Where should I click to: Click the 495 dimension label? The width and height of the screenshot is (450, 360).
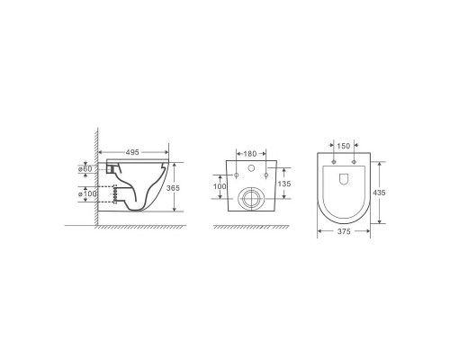(132, 152)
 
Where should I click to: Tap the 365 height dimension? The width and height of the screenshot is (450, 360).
(173, 188)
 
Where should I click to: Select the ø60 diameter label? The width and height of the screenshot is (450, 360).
(85, 169)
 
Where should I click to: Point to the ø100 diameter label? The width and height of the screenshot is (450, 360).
(87, 193)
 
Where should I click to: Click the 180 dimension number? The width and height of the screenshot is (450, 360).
(250, 154)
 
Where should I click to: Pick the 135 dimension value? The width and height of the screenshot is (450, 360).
(284, 184)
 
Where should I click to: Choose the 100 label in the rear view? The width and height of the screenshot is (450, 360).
(220, 186)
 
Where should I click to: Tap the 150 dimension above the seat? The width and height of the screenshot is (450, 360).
(344, 146)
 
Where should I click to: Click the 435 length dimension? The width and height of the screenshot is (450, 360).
(379, 193)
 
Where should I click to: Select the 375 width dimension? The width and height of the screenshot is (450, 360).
(344, 231)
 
